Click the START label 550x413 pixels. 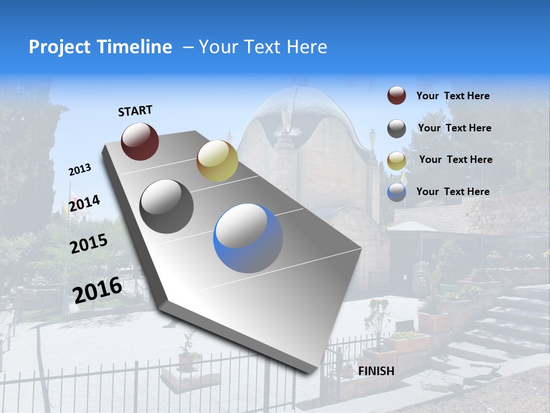coord(135,111)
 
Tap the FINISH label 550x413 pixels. coord(376,371)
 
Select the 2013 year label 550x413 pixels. coord(80,170)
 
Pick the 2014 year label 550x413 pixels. coord(84,203)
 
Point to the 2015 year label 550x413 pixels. coord(88,244)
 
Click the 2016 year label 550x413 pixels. coord(97,290)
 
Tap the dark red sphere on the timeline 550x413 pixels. coord(140,141)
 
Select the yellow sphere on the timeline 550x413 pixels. coord(217,161)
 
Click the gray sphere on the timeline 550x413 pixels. coord(167,206)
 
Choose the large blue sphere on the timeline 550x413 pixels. coord(248,238)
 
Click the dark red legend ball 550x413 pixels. coord(396,95)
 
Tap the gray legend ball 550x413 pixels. coord(396,128)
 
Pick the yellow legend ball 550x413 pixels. coord(396,160)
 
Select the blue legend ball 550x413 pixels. coord(396,192)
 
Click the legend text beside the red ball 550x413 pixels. coord(453,96)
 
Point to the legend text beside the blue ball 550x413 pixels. coord(453,192)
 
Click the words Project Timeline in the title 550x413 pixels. coord(100,47)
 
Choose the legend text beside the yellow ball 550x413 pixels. coord(455,159)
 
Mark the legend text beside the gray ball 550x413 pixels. coord(454,128)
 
